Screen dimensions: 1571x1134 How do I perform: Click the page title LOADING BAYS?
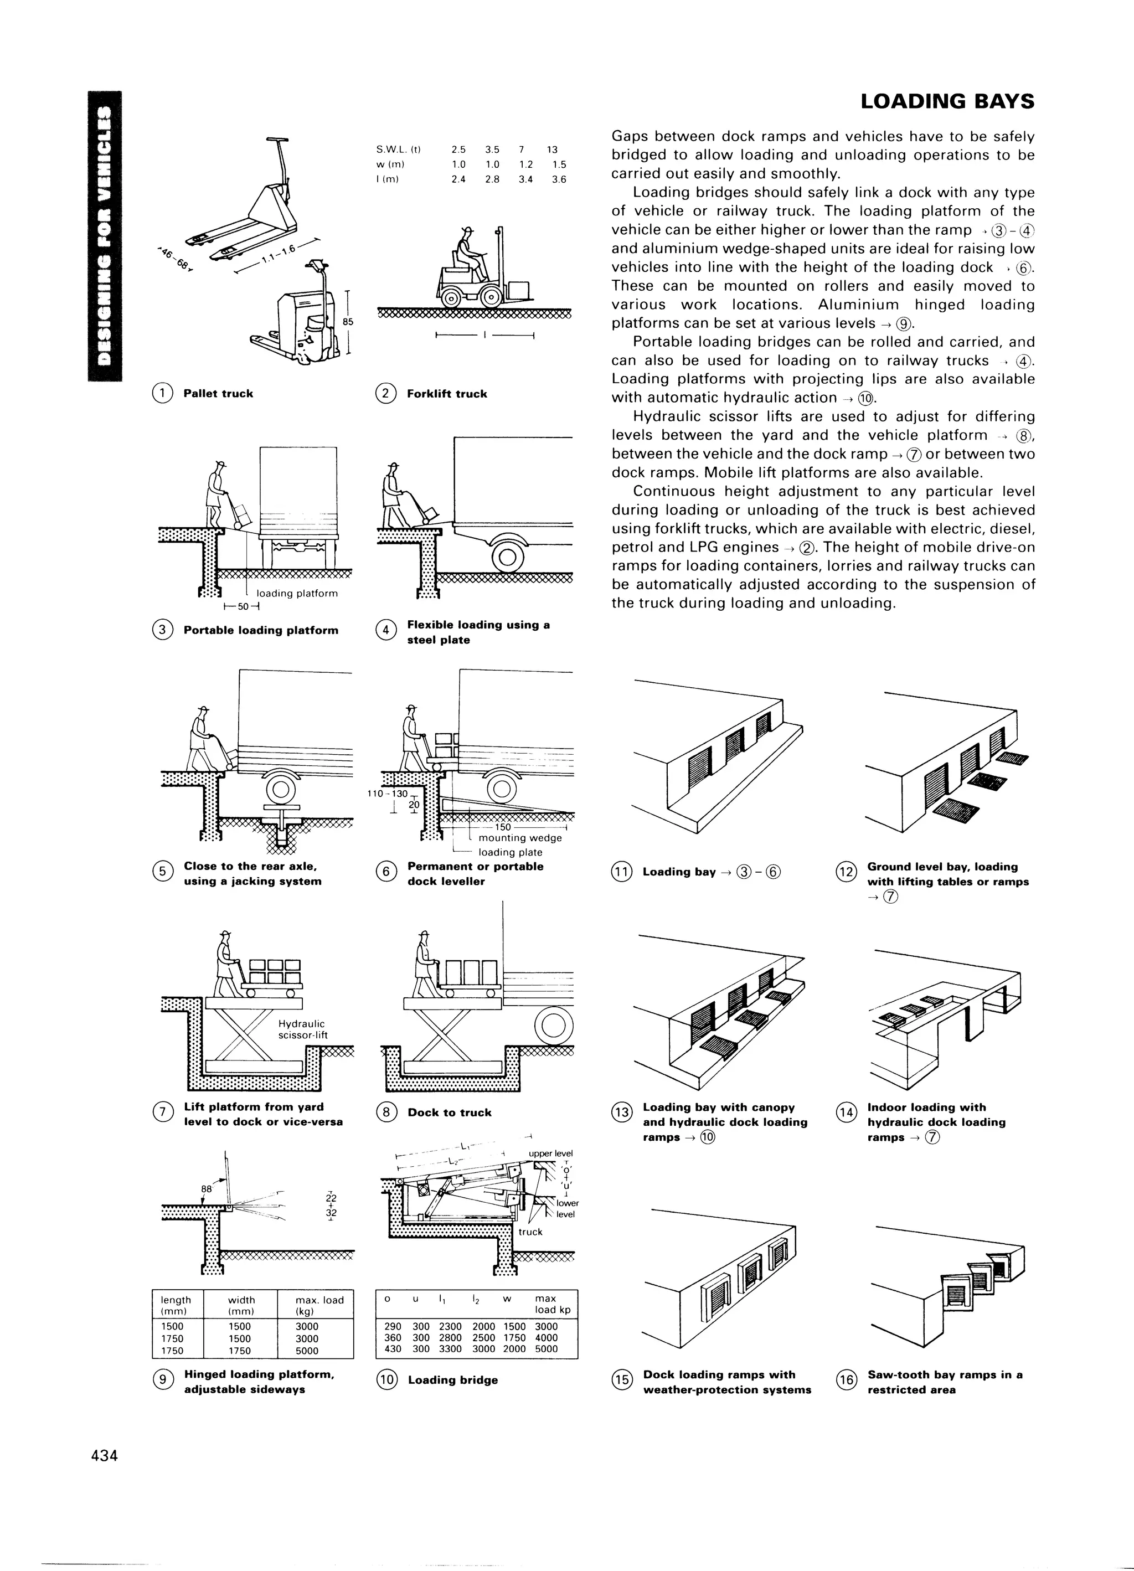tap(946, 102)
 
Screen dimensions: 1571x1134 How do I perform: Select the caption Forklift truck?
tap(447, 394)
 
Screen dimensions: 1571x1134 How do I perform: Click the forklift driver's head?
tap(467, 232)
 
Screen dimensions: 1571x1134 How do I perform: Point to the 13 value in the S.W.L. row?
tap(551, 150)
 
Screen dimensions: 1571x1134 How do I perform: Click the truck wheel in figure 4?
tap(507, 556)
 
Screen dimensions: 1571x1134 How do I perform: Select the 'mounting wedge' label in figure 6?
tap(519, 838)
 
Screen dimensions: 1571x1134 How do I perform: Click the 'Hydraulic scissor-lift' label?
tap(302, 1029)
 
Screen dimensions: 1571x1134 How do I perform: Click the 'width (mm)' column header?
tap(241, 1306)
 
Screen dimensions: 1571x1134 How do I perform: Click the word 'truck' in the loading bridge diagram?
tap(530, 1232)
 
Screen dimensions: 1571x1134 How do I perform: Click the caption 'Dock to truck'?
tap(449, 1112)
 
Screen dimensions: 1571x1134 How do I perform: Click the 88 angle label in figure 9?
tap(206, 1189)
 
